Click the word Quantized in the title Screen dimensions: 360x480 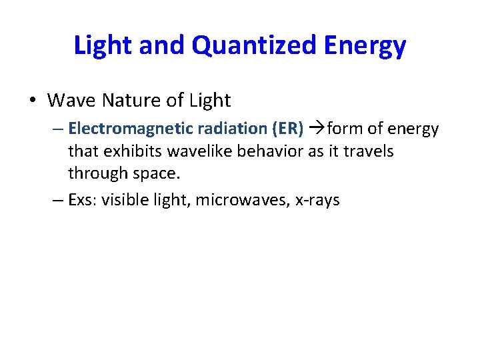(x=255, y=46)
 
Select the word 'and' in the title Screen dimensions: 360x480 (x=167, y=46)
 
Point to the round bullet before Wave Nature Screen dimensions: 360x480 (x=33, y=101)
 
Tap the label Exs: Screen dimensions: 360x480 (x=83, y=199)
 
